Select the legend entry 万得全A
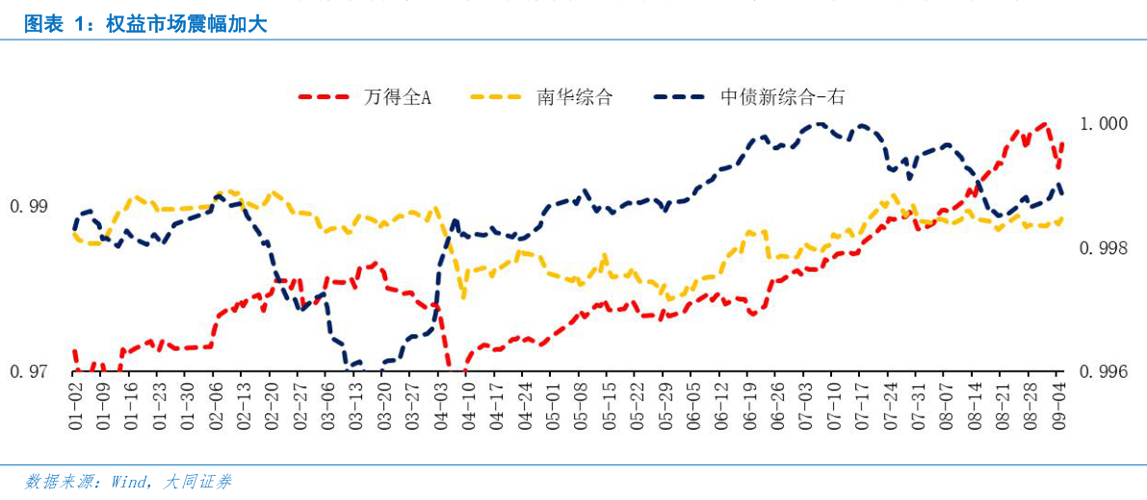click(397, 97)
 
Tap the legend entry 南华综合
click(574, 97)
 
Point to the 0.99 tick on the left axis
click(28, 206)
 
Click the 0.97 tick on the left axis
click(28, 372)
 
